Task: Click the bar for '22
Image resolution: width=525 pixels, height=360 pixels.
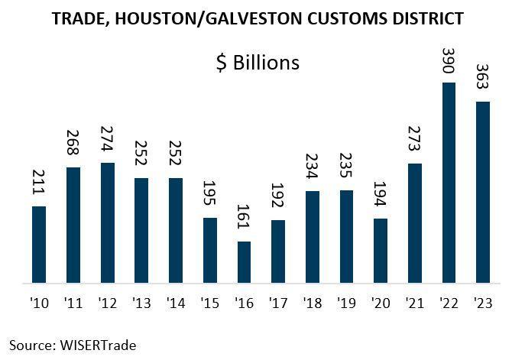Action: (449, 183)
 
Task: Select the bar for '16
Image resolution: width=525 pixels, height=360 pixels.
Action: (244, 263)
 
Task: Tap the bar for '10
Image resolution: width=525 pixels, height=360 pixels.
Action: (39, 245)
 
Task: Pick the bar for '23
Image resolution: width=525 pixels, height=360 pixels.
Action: (482, 193)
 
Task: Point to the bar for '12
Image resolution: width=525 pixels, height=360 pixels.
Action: (107, 223)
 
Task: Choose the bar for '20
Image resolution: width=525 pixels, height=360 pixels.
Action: (381, 251)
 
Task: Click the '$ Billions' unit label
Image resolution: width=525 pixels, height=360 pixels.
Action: (258, 63)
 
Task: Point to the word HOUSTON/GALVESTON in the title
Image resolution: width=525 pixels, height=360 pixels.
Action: (199, 17)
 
